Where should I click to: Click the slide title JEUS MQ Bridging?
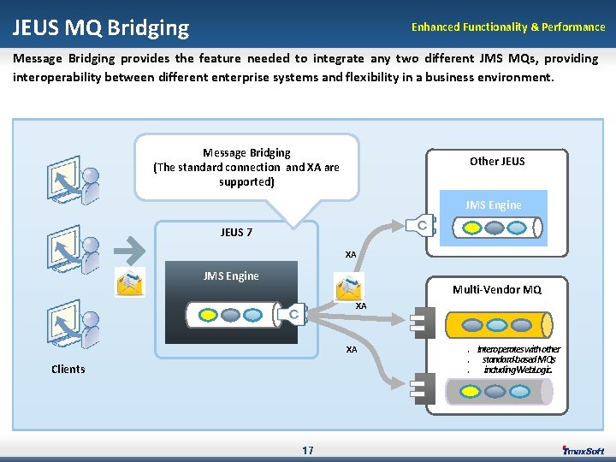tap(100, 27)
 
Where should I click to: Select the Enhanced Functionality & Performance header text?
tap(507, 27)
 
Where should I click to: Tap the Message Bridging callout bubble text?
tap(246, 167)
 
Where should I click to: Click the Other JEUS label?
tap(497, 161)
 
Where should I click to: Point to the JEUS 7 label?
tap(236, 232)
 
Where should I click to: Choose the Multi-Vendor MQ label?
tap(497, 290)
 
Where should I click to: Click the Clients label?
tap(68, 369)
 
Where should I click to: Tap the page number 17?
tap(307, 450)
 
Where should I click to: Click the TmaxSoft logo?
tap(583, 450)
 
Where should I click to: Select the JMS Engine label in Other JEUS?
tap(493, 204)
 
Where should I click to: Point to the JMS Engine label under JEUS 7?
tap(231, 275)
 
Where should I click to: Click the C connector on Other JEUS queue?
tap(423, 225)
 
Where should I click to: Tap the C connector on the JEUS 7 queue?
tap(292, 315)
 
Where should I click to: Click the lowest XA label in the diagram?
tap(351, 350)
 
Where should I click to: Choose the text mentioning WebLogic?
tap(518, 370)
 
